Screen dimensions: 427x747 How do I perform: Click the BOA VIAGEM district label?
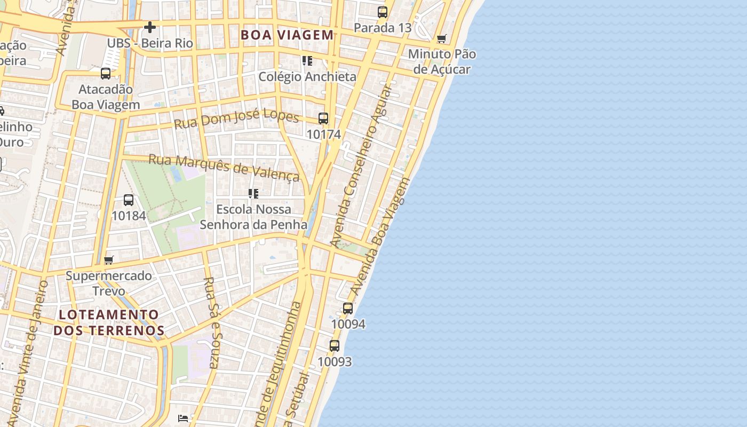(287, 35)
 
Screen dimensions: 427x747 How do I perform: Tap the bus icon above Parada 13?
(383, 12)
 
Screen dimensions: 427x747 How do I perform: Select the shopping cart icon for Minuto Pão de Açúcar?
(441, 38)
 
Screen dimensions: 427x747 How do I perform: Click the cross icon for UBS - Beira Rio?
(150, 27)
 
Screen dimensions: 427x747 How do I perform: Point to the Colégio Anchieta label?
(307, 76)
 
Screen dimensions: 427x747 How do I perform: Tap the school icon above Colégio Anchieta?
(307, 61)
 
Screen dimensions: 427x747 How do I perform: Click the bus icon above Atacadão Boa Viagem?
(106, 74)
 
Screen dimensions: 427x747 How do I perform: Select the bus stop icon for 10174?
(323, 118)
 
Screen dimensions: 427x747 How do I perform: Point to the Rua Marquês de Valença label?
(224, 167)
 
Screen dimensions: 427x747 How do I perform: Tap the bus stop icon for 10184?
(129, 200)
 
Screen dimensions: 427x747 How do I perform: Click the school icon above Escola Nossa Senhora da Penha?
(253, 193)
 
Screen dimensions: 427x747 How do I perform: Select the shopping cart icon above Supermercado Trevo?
(109, 260)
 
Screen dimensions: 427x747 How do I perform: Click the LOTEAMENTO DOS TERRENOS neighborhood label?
(109, 322)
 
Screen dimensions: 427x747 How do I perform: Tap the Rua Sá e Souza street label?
(211, 322)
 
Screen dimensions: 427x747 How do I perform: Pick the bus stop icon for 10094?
(348, 309)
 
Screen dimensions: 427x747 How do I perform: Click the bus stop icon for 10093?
(335, 346)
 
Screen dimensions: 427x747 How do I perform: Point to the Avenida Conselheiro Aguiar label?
(361, 165)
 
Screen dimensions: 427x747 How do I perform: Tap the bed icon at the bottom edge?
(183, 418)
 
